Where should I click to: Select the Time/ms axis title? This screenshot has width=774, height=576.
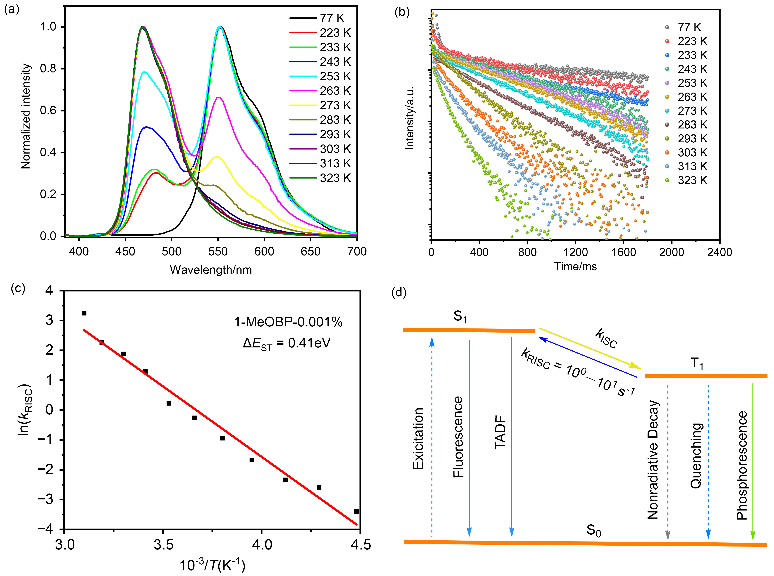pyautogui.click(x=576, y=267)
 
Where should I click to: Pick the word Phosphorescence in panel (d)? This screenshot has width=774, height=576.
pyautogui.click(x=742, y=465)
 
